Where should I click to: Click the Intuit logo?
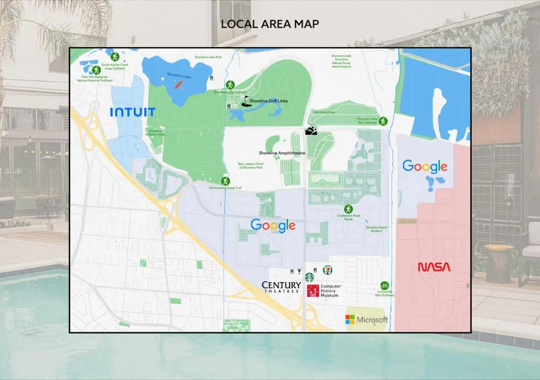tap(132, 112)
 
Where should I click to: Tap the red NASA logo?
tap(434, 267)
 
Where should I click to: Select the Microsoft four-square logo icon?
tap(350, 319)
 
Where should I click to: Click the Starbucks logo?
tap(310, 277)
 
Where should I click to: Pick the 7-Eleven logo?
tap(327, 270)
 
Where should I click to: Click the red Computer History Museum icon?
tap(313, 290)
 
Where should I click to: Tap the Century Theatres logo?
tap(281, 287)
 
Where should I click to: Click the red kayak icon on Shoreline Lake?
tap(179, 84)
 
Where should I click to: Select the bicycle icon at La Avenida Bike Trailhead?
tap(384, 285)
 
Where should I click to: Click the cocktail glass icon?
tap(299, 271)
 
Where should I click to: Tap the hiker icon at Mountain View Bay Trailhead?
tap(383, 121)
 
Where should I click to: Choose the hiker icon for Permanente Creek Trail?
tap(226, 181)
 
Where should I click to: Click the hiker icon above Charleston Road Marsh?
tap(348, 209)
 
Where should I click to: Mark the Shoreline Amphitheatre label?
tap(281, 153)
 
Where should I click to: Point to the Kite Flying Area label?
tap(323, 112)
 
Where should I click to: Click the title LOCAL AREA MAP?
tap(270, 24)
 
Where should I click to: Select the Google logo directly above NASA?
tap(425, 166)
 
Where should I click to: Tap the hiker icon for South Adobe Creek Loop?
tap(115, 57)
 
